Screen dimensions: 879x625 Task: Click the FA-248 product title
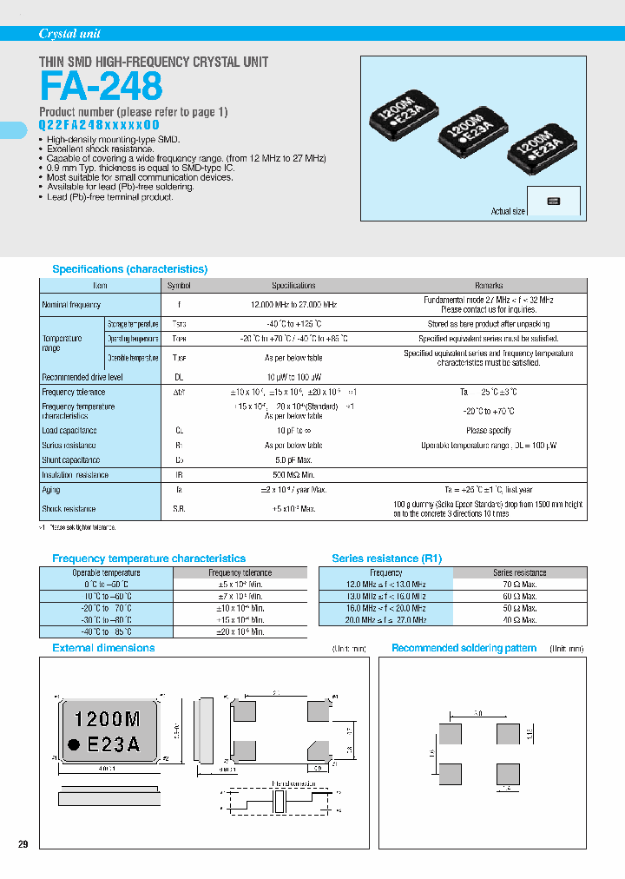(x=101, y=87)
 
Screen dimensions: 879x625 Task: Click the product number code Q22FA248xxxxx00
(x=99, y=125)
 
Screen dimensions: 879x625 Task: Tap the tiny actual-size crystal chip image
(x=553, y=202)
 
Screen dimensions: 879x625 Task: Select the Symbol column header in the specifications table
(x=178, y=285)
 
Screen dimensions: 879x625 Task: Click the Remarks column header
(x=489, y=285)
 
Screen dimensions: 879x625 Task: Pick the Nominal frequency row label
(x=71, y=305)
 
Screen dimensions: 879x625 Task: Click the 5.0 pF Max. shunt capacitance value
(x=293, y=459)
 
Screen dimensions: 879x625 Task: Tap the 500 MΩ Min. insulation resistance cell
(x=293, y=475)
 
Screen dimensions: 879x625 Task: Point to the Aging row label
(x=50, y=491)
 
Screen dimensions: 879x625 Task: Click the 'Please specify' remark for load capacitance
(x=489, y=430)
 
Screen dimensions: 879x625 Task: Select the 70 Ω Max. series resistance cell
(x=520, y=585)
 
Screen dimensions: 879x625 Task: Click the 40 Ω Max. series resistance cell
(x=520, y=619)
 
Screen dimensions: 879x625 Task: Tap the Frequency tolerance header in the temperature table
(x=240, y=573)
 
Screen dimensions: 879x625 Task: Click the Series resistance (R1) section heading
(x=387, y=558)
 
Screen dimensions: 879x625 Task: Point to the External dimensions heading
(x=103, y=648)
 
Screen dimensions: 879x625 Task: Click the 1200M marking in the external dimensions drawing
(x=108, y=719)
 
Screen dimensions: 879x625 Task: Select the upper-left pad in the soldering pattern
(x=451, y=731)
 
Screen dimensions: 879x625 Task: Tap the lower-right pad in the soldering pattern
(x=508, y=772)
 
